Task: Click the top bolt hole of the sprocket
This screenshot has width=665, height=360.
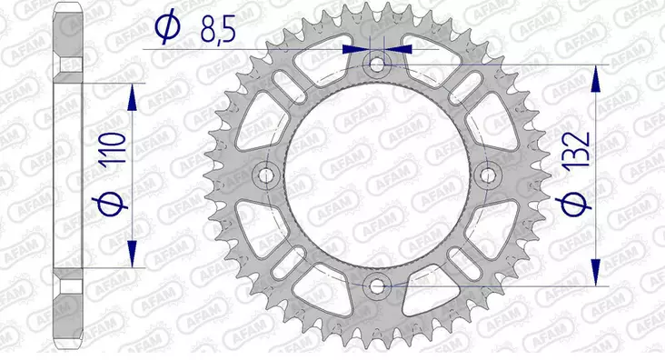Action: (377, 65)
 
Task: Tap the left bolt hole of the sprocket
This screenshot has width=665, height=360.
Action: (266, 175)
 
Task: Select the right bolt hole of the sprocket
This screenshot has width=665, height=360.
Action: (489, 175)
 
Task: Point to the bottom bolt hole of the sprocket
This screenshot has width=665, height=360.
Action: (377, 285)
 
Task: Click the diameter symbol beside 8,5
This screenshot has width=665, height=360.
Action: (170, 29)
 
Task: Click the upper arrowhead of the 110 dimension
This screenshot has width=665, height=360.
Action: (134, 95)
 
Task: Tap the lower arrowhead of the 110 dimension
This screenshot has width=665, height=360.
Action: (134, 258)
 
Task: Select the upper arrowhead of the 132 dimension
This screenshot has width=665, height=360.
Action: (598, 77)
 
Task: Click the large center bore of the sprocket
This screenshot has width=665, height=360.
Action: (377, 175)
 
